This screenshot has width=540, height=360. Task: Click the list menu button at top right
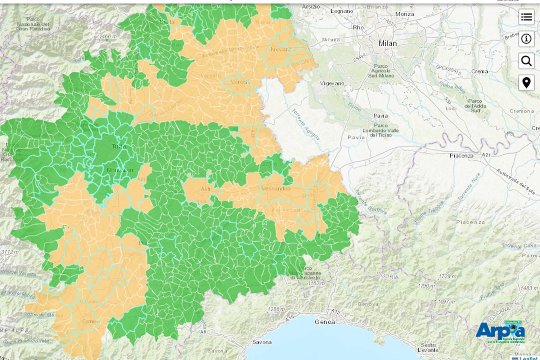[x=526, y=17]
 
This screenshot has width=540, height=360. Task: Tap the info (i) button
[x=526, y=39]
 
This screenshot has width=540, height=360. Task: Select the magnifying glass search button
[x=526, y=61]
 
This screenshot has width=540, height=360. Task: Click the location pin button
[x=526, y=82]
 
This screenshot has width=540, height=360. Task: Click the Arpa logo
[x=499, y=332]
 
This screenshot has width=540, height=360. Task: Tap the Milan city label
[x=387, y=44]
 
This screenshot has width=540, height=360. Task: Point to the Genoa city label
[x=324, y=322]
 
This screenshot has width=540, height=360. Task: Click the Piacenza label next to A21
[x=461, y=155]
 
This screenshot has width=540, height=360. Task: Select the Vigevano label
[x=332, y=83]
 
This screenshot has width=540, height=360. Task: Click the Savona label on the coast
[x=262, y=342]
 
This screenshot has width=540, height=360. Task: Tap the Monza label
[x=405, y=14]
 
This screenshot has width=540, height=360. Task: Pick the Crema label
[x=479, y=72]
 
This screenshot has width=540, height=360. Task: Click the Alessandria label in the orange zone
[x=275, y=189]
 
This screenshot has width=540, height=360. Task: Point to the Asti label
[x=206, y=189]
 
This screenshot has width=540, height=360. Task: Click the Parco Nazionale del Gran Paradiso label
[x=33, y=24]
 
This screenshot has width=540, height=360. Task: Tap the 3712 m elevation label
[x=9, y=252]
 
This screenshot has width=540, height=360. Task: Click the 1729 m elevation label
[x=447, y=276]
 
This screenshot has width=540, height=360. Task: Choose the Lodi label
[x=451, y=108]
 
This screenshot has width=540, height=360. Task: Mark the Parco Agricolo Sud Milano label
[x=380, y=71]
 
